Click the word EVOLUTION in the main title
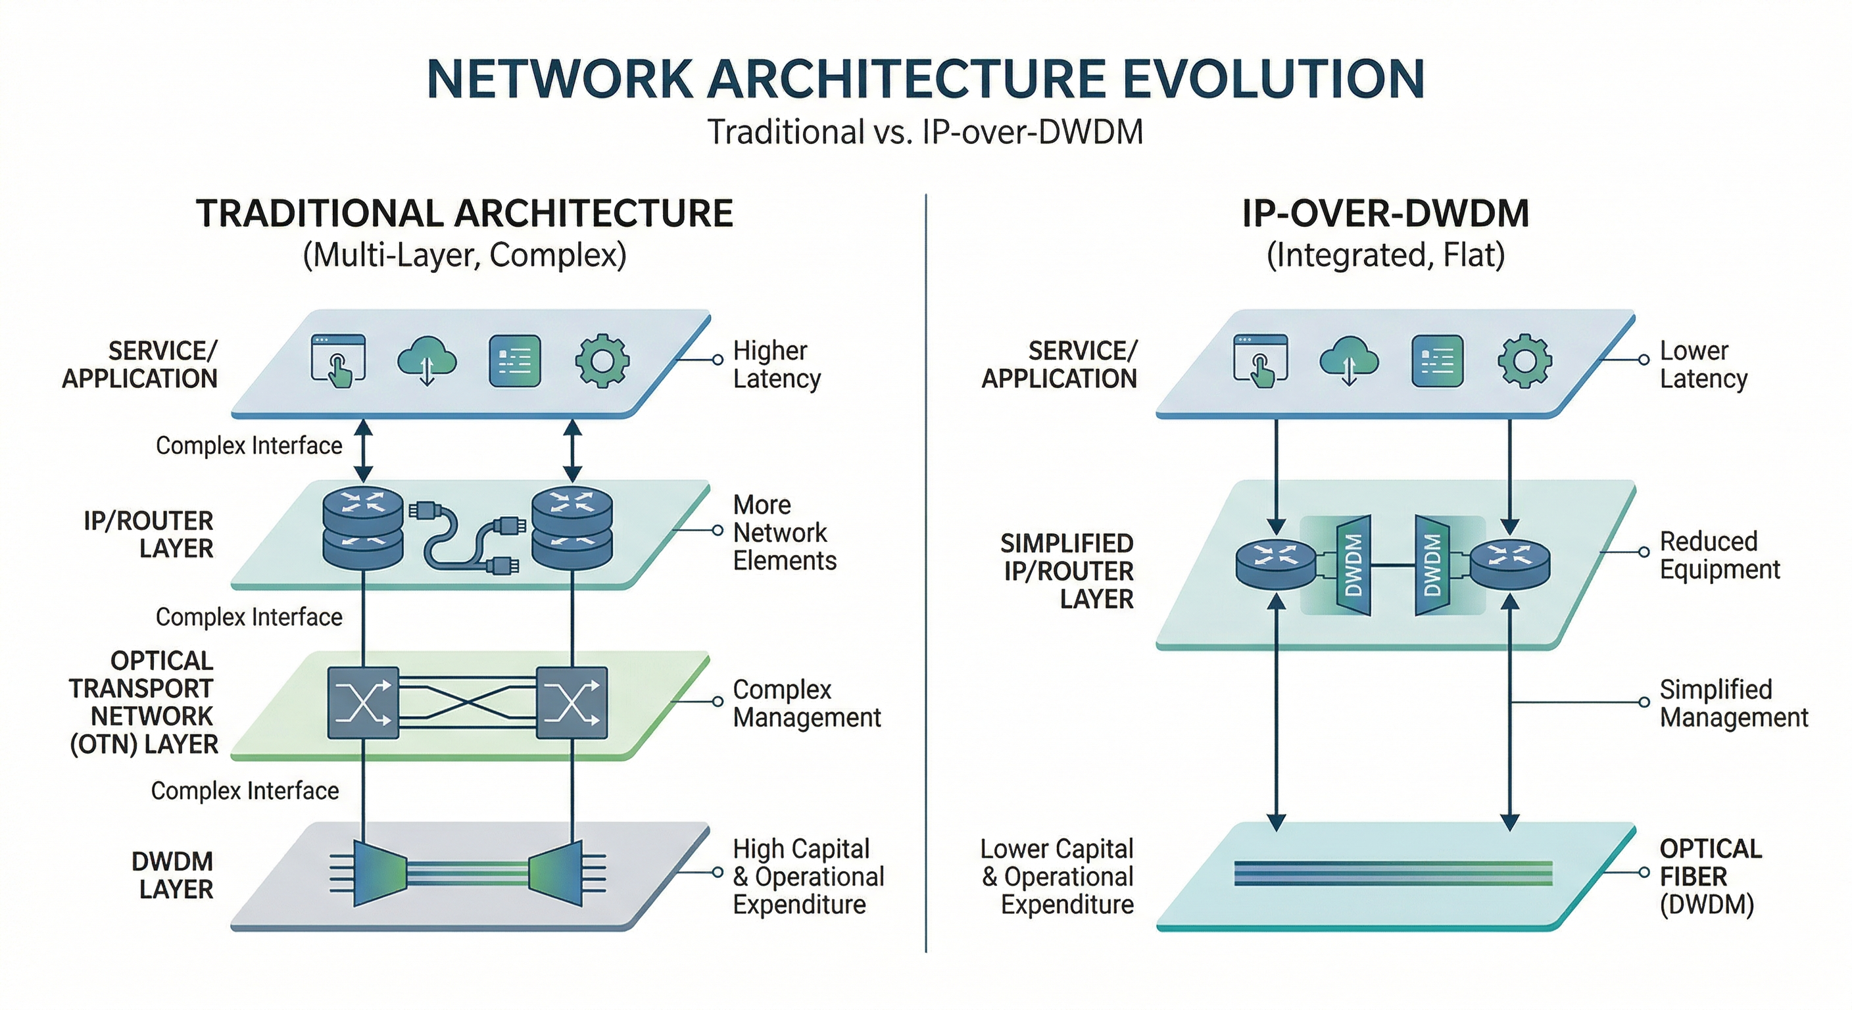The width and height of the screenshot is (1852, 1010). point(1273,79)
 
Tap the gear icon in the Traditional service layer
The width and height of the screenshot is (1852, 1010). point(602,361)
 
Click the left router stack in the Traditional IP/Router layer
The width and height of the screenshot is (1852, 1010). point(363,527)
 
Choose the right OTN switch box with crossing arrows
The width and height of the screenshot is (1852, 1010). point(572,703)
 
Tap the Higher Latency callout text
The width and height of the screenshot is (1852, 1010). point(777,364)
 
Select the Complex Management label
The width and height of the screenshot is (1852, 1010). point(806,703)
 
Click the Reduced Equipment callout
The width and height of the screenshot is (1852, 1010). point(1718,555)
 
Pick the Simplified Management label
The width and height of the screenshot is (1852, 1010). point(1733,703)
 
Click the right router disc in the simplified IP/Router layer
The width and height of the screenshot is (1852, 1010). point(1510,564)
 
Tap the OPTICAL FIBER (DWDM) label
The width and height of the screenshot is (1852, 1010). point(1710,877)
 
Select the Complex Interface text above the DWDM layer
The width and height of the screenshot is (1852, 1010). point(245,791)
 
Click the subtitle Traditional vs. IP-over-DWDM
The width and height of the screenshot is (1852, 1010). point(925,132)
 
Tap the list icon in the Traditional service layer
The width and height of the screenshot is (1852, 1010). point(514,361)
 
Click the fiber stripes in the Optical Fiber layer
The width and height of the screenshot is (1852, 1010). point(1392,873)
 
